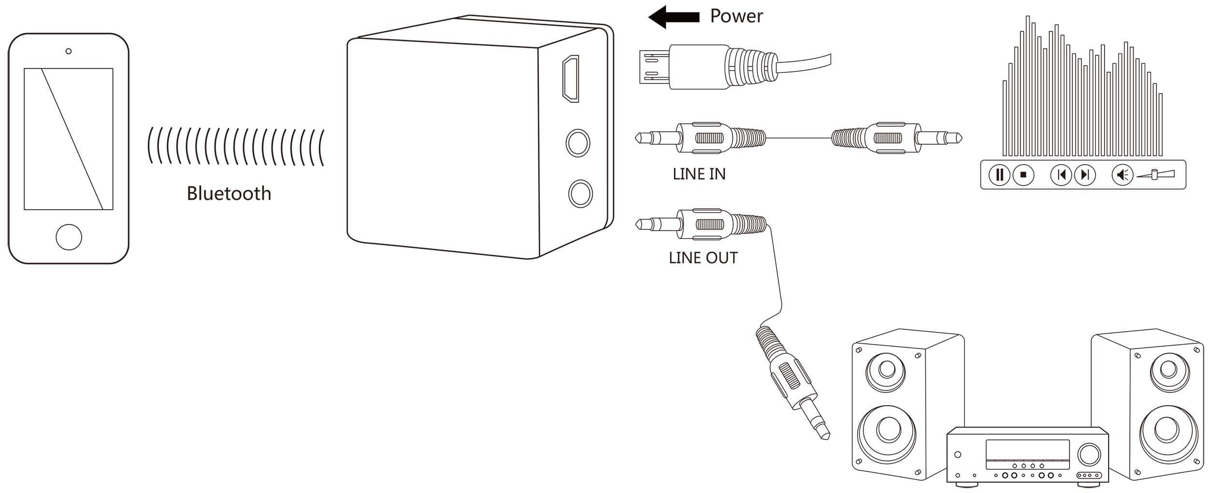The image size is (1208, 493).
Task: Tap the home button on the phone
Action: click(x=69, y=237)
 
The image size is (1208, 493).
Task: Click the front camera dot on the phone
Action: click(x=69, y=51)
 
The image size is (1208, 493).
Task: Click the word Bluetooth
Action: click(x=229, y=194)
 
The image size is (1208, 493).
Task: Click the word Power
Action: click(x=736, y=16)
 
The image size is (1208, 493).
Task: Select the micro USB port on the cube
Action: click(x=571, y=79)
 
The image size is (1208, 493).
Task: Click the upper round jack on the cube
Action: click(x=578, y=143)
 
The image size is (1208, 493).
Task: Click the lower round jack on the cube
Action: click(x=580, y=194)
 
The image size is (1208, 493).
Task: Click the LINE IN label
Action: click(x=699, y=174)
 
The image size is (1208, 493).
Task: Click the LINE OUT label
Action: click(x=703, y=258)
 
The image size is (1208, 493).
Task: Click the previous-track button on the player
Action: click(x=1061, y=174)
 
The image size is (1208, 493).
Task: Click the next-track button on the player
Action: click(x=1084, y=174)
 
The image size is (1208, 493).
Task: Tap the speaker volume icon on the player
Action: click(x=1122, y=174)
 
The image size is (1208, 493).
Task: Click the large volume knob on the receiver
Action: click(x=1087, y=454)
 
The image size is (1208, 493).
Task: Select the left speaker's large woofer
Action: click(x=887, y=430)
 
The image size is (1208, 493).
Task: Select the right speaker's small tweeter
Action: click(x=1168, y=369)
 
